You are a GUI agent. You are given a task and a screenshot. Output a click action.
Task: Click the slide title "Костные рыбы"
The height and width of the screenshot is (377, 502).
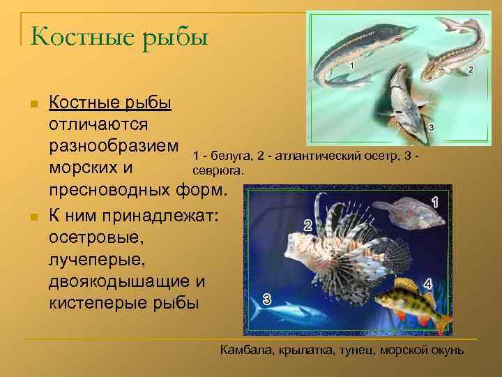tap(120, 35)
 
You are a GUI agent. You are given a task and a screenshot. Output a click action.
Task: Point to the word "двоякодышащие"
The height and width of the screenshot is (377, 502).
tap(119, 282)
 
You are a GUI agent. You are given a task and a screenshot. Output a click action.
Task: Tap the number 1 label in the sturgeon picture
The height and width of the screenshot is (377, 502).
tap(351, 66)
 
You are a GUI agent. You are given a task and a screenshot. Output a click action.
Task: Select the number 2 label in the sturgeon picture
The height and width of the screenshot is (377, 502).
tap(471, 69)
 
